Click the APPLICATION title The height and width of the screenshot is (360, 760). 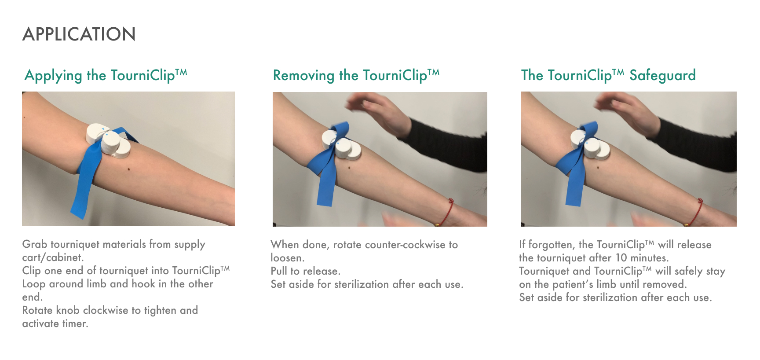point(79,34)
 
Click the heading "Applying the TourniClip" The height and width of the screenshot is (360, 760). point(106,75)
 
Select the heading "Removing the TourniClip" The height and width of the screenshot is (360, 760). point(356,75)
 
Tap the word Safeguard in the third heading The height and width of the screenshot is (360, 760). point(662,75)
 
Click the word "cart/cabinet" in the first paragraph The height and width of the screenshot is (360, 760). point(51,257)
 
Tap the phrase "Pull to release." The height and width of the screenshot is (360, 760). point(306,271)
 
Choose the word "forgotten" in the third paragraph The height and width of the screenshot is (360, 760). point(550,245)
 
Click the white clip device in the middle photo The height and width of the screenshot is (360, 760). point(342,145)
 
